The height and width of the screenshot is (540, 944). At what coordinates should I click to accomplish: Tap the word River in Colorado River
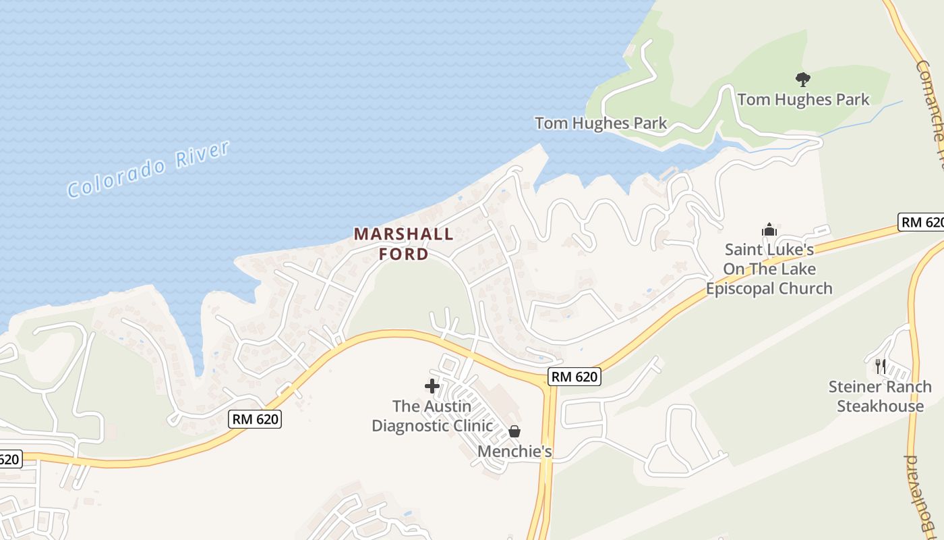click(x=202, y=152)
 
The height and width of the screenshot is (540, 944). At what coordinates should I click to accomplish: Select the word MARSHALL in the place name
click(x=403, y=234)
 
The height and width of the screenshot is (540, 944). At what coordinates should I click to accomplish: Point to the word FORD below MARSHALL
click(x=403, y=254)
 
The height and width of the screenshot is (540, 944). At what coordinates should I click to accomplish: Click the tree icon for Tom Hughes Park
click(x=802, y=80)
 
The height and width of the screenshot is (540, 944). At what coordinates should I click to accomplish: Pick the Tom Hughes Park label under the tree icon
click(x=803, y=100)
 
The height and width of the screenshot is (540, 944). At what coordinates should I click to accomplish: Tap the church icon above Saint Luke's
click(x=769, y=230)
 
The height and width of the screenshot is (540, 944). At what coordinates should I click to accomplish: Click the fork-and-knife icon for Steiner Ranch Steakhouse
click(x=880, y=367)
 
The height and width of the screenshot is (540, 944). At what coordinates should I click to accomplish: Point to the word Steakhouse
click(x=880, y=406)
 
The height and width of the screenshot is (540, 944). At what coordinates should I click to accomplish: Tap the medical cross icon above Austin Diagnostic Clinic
click(x=432, y=386)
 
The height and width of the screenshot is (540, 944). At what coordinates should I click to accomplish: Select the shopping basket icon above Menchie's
click(x=514, y=431)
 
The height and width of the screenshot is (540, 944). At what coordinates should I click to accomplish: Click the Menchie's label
click(x=514, y=451)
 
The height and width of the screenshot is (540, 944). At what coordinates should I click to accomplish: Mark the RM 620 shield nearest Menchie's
click(x=574, y=377)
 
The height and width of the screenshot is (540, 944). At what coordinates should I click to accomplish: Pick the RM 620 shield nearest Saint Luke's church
click(x=922, y=222)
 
